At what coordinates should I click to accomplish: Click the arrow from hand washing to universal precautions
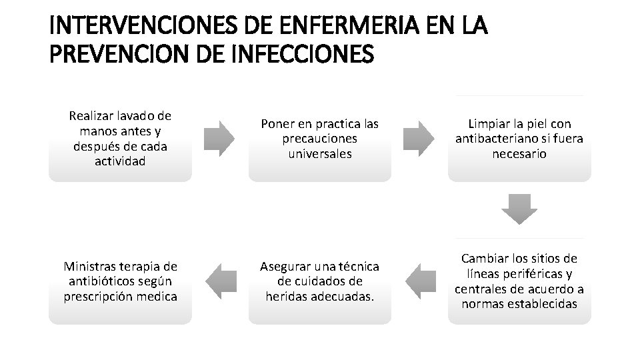pos(219,139)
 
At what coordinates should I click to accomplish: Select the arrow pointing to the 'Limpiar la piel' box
pos(419,139)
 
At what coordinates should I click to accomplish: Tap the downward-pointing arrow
pos(519,209)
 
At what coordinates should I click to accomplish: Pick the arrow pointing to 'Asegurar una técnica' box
pos(419,281)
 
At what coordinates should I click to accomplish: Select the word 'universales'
pos(319,154)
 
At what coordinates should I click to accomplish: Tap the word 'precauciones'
pos(319,139)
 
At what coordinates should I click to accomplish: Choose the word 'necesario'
pos(519,154)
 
